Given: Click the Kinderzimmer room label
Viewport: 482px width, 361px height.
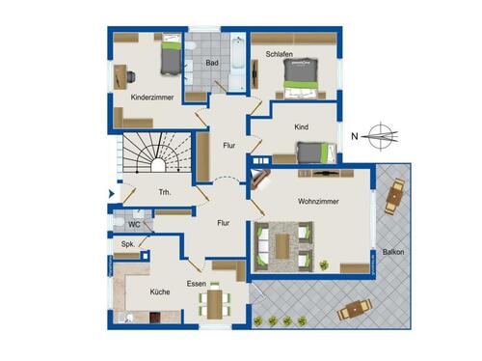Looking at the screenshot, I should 153,97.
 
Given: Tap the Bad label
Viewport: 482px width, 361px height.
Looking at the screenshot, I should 211,64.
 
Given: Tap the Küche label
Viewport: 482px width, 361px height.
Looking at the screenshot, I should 161,291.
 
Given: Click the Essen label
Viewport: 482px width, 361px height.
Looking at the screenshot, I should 197,284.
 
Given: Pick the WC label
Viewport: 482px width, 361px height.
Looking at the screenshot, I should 134,224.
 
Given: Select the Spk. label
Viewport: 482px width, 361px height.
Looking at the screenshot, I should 127,244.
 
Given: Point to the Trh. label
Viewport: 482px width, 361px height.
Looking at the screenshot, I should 165,193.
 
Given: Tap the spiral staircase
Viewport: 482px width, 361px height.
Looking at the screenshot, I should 154,157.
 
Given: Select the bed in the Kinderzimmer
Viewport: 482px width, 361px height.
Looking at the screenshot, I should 170,56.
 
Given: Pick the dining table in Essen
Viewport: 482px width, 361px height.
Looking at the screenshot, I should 215,302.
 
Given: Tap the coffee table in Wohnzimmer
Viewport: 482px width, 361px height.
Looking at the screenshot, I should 281,245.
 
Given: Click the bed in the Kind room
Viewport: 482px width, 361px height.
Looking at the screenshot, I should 314,152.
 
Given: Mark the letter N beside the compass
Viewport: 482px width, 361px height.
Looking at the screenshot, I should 356,135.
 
